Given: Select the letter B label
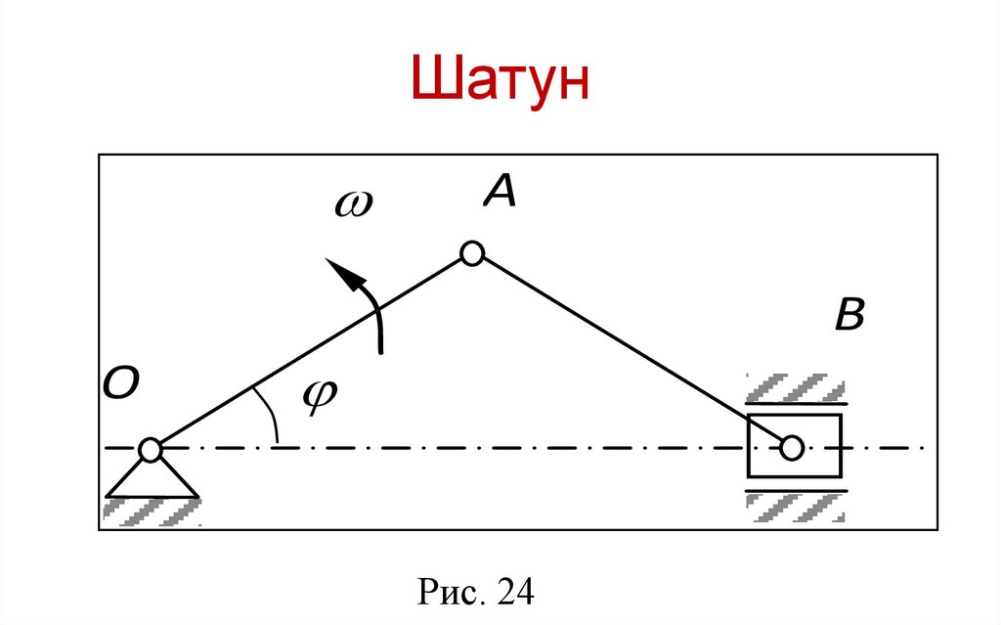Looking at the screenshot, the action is tap(849, 316).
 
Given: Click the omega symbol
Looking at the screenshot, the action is tap(354, 204).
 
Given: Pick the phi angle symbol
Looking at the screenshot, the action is tap(318, 396).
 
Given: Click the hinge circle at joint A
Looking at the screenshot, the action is tap(472, 254).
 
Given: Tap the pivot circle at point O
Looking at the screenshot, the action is tap(150, 450).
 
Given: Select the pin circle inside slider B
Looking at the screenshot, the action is tap(792, 448).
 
